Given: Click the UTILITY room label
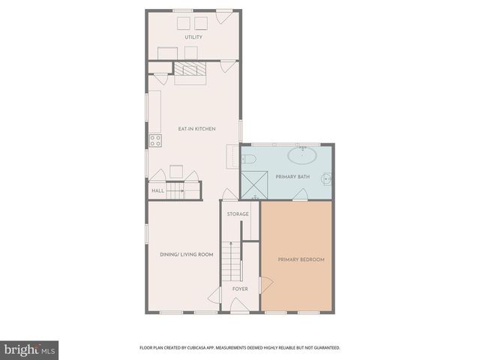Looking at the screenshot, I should point(193,37).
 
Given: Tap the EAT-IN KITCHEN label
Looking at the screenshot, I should point(196,129).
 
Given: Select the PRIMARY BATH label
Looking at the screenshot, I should point(287,178).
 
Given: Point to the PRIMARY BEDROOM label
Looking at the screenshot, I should point(301,259).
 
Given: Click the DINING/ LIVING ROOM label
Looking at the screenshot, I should point(187,254).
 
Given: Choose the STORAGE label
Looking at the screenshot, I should point(238,214).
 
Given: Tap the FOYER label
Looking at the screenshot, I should point(239,288).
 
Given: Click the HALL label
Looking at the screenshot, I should point(157,191).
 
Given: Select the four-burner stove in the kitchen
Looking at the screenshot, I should point(155,139).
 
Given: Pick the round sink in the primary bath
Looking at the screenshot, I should point(327,179).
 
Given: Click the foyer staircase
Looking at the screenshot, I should point(231,262).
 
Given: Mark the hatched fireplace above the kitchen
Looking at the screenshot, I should point(190,70).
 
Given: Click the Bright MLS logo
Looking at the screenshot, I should point(31,349).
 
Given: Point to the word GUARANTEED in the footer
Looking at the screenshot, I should point(326,348).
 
